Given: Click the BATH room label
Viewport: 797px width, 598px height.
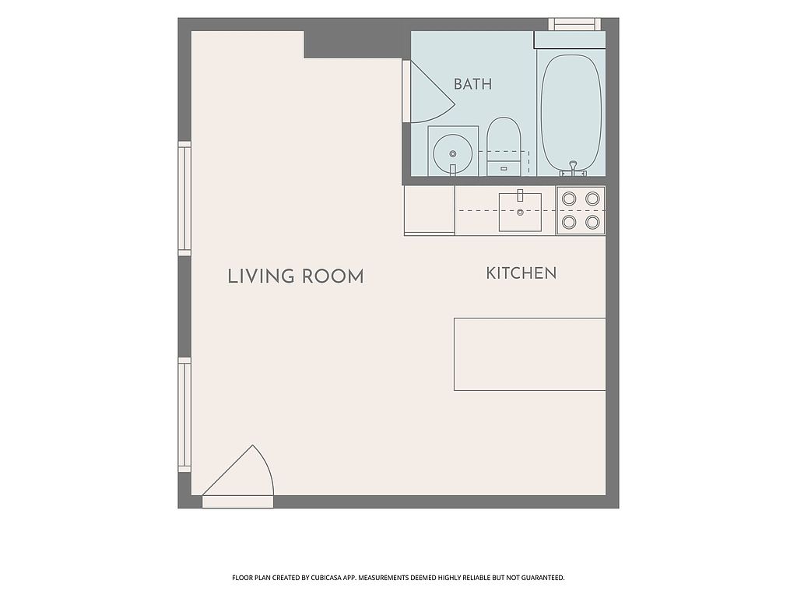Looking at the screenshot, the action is [x=472, y=84].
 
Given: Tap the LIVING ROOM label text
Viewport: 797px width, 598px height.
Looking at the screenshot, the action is [x=296, y=276].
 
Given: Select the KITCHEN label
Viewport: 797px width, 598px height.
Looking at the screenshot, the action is [x=521, y=273].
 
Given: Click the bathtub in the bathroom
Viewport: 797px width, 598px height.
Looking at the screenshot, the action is [x=571, y=113].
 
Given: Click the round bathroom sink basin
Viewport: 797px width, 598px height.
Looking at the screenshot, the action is [x=452, y=153].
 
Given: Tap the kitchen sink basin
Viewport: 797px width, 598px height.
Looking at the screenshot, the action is [x=520, y=212].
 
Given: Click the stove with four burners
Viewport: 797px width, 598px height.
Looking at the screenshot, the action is [x=581, y=210].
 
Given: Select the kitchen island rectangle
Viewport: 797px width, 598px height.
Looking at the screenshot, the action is [x=529, y=354].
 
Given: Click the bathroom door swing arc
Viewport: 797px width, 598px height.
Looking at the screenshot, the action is [x=432, y=92].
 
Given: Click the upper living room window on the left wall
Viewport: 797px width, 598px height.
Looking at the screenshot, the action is [x=184, y=199].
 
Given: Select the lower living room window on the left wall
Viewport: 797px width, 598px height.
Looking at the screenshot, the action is [x=184, y=414].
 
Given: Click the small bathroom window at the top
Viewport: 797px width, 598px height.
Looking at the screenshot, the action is [x=574, y=24].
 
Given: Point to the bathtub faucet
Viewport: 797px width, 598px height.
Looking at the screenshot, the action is [x=574, y=169].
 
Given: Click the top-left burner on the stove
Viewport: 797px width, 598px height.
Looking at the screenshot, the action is [x=569, y=199].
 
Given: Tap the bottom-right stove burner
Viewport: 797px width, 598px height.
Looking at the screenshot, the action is [x=592, y=222].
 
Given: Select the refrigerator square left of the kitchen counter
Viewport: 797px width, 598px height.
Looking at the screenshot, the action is [x=430, y=210].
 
